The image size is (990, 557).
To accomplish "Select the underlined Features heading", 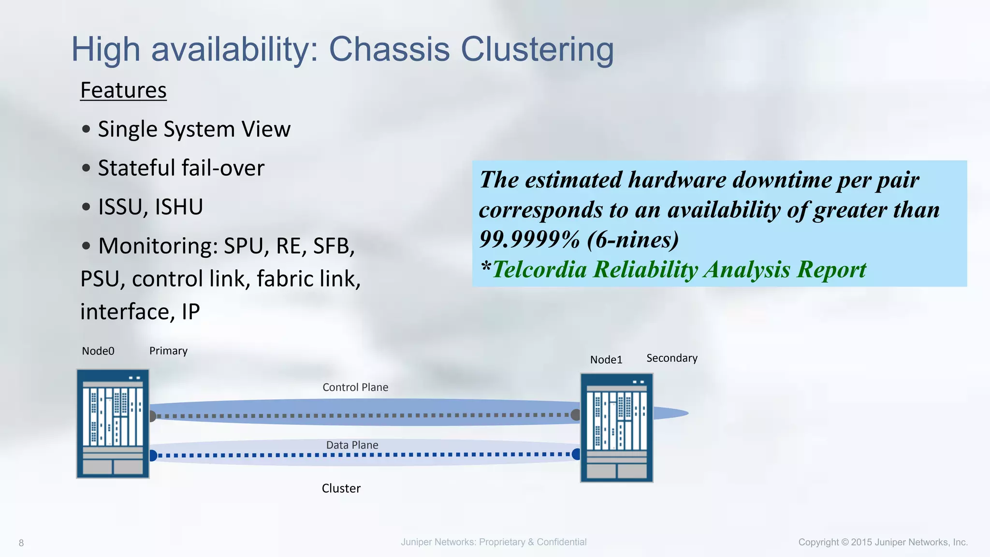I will tap(123, 90).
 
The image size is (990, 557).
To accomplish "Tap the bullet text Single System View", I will tap(194, 130).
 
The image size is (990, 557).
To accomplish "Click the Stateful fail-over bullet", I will tap(181, 168).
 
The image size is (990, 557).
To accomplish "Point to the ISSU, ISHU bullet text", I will tap(150, 207).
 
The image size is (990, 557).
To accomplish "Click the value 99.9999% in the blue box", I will tap(529, 239).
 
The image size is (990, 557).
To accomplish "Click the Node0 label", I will tap(98, 351).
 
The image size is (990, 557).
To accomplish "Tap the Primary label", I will tap(168, 351).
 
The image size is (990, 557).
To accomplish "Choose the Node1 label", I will tap(606, 360).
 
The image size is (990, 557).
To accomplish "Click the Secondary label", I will tap(672, 358).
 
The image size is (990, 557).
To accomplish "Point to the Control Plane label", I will tap(355, 387).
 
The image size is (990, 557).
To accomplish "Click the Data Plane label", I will tap(352, 445).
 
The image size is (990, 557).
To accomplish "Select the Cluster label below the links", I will tap(341, 488).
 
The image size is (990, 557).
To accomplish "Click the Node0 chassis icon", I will tap(113, 424).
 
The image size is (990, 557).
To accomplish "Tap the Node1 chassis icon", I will tap(616, 428).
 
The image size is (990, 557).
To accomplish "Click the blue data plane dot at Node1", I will tap(576, 454).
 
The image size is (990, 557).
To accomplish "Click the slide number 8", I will tap(21, 543).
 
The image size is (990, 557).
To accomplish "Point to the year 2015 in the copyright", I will tap(861, 542).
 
